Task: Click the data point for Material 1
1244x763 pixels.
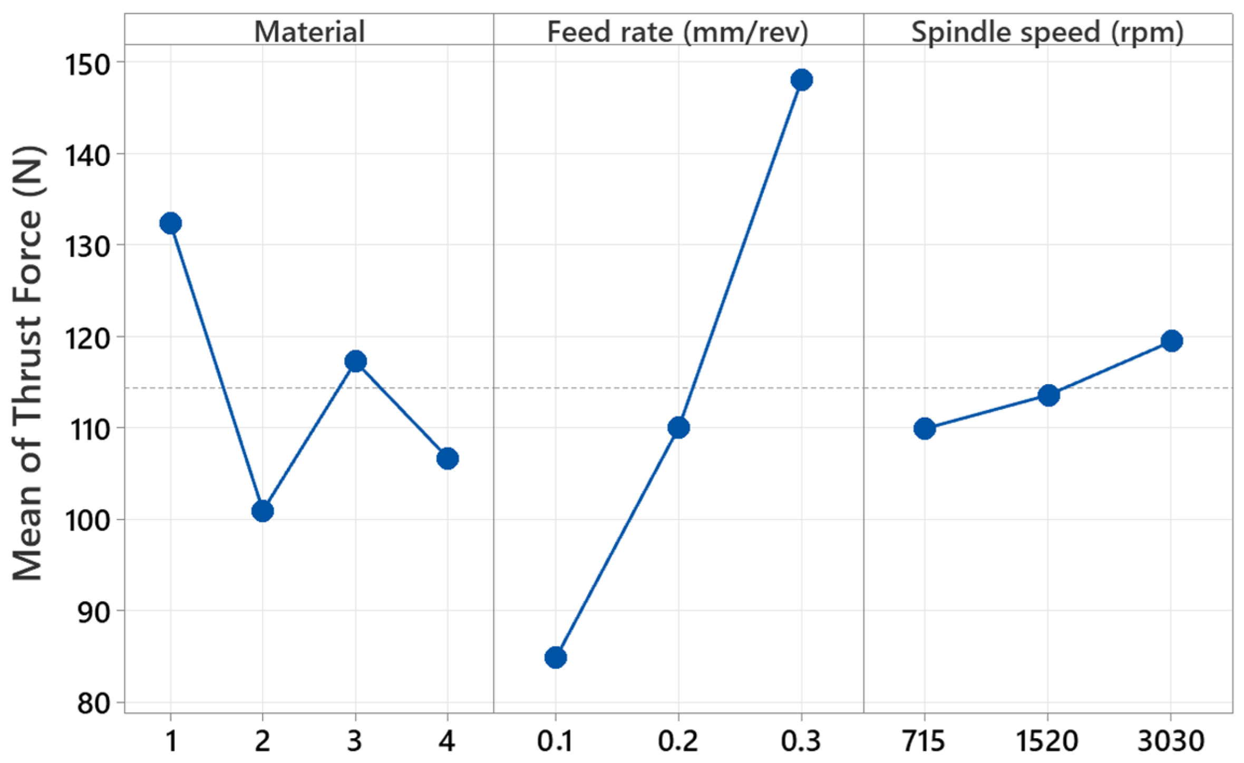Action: click(x=170, y=223)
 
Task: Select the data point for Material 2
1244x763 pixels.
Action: click(x=263, y=511)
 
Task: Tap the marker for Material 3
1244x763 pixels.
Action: click(x=355, y=361)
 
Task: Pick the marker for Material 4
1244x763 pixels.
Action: click(x=448, y=458)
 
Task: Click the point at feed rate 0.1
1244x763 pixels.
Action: click(x=556, y=657)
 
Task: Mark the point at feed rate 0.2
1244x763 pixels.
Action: click(x=678, y=427)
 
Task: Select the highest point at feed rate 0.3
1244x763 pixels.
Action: click(x=801, y=80)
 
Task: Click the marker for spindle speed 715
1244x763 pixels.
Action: click(x=925, y=428)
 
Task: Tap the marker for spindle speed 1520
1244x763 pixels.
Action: click(x=1048, y=395)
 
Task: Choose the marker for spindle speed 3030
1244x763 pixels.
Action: click(x=1171, y=341)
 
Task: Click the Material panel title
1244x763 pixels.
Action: click(x=309, y=31)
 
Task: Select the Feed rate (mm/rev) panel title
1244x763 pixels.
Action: click(x=678, y=31)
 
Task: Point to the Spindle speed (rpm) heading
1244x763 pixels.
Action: click(x=1047, y=31)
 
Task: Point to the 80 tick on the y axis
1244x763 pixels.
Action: click(x=94, y=704)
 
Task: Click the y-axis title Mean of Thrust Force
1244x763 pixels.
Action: click(x=27, y=364)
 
